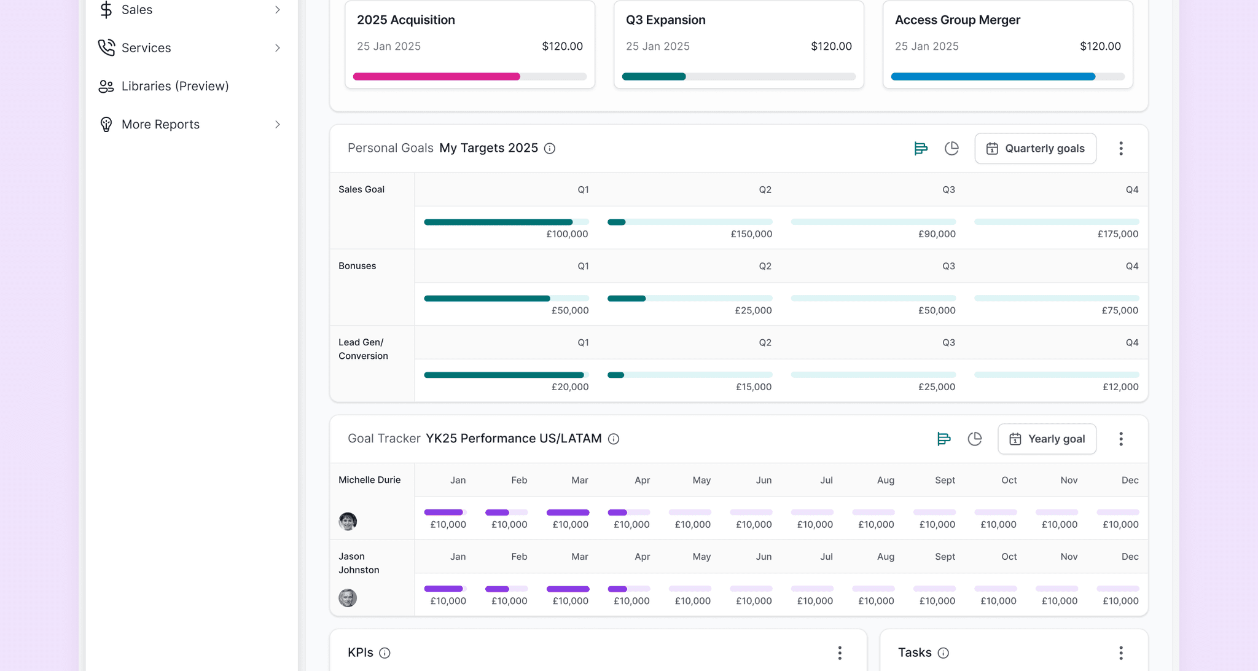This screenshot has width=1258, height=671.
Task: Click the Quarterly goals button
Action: (1035, 149)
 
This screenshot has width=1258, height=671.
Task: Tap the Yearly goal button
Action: (1047, 439)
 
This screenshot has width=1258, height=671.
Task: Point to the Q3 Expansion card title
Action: (665, 20)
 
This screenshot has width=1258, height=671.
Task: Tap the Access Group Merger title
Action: (957, 20)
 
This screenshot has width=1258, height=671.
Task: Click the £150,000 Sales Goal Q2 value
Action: (751, 234)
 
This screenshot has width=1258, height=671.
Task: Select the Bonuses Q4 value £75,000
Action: (1120, 310)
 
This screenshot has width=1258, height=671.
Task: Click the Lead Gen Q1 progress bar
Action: (506, 375)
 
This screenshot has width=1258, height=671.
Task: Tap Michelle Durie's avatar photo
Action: (348, 522)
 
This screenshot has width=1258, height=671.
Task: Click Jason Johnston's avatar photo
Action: (348, 598)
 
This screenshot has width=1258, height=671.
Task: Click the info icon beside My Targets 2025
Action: (550, 149)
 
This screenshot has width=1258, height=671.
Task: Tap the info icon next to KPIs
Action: (385, 653)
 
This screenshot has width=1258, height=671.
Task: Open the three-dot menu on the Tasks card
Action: (1121, 653)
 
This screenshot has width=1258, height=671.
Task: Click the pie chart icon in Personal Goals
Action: (951, 148)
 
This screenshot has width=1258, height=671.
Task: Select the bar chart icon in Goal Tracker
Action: (943, 439)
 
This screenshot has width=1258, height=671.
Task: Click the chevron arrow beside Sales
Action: (278, 10)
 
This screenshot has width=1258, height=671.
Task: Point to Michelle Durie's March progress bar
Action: (568, 512)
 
